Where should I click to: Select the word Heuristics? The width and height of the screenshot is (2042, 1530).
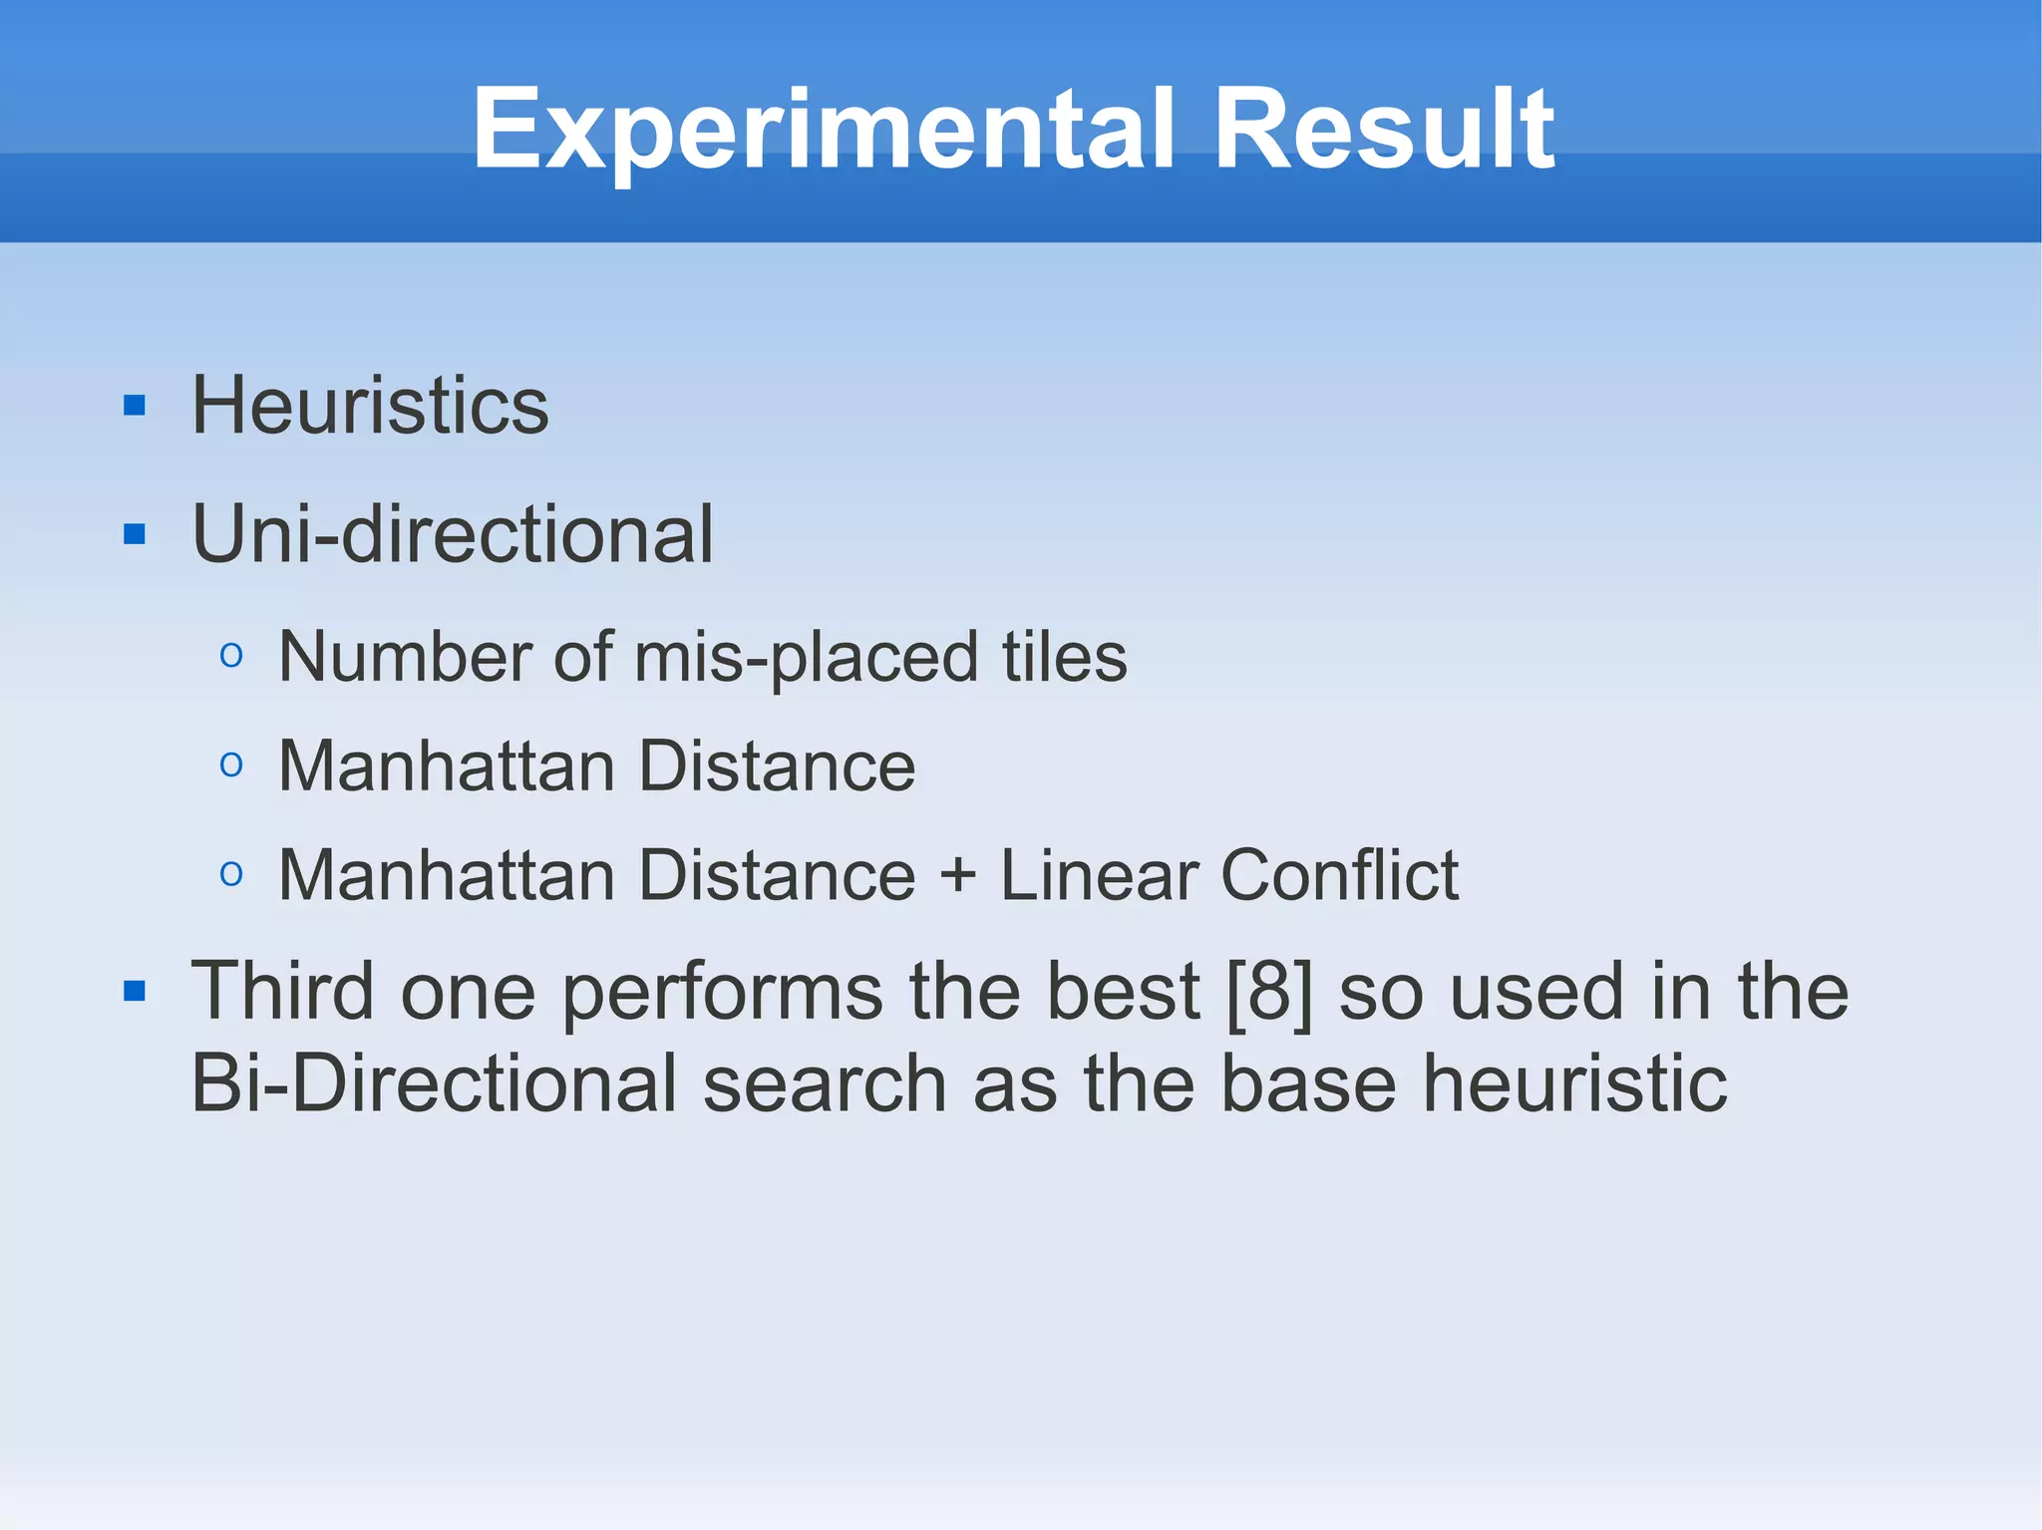370,406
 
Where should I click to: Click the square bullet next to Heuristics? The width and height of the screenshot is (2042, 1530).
135,407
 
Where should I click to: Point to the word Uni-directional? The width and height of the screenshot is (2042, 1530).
453,534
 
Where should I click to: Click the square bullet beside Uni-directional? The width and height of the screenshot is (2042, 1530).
135,535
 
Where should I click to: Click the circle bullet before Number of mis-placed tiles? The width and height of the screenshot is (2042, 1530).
231,656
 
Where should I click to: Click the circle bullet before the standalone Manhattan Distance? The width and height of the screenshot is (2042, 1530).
231,765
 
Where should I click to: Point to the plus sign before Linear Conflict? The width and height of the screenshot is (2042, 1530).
958,875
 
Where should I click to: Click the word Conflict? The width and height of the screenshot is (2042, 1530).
1339,875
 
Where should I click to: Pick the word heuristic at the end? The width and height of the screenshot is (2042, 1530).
1574,1083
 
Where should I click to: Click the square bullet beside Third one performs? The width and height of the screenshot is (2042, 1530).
135,992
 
